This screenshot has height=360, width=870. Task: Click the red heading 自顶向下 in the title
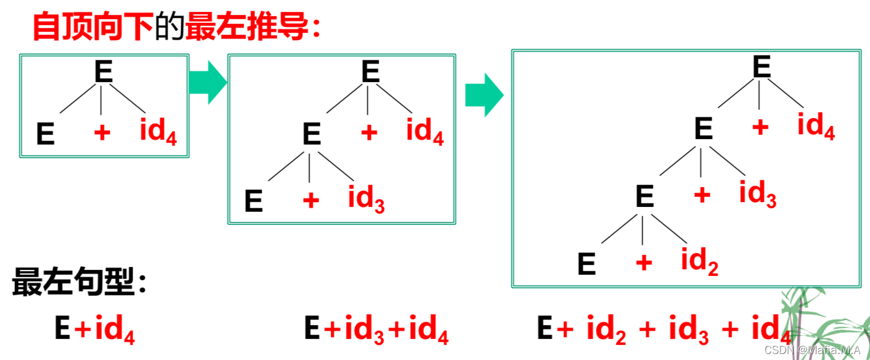tap(93, 27)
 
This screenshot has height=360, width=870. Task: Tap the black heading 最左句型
tap(72, 281)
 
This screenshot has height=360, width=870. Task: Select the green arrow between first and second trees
tap(208, 82)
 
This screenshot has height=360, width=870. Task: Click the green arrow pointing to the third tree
tap(484, 95)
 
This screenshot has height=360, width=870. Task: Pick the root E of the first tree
tap(103, 73)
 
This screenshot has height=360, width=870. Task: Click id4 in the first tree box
tap(158, 131)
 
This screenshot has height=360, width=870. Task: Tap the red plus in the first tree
tap(102, 132)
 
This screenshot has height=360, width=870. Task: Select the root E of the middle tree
tap(370, 73)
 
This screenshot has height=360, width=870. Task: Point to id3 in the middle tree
tap(366, 198)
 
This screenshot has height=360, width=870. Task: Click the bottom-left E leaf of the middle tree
tap(254, 202)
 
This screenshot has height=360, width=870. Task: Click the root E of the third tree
tap(761, 67)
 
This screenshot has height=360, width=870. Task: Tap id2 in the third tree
tap(700, 262)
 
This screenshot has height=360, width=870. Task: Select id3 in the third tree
tap(757, 194)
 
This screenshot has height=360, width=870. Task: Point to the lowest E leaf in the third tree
tap(587, 265)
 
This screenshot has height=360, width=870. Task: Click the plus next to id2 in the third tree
tap(643, 262)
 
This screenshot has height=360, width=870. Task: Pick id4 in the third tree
tap(816, 126)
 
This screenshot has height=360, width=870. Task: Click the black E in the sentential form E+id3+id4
tap(312, 329)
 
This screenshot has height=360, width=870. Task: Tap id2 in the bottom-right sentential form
tap(606, 331)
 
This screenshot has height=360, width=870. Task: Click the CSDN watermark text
tap(812, 350)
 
